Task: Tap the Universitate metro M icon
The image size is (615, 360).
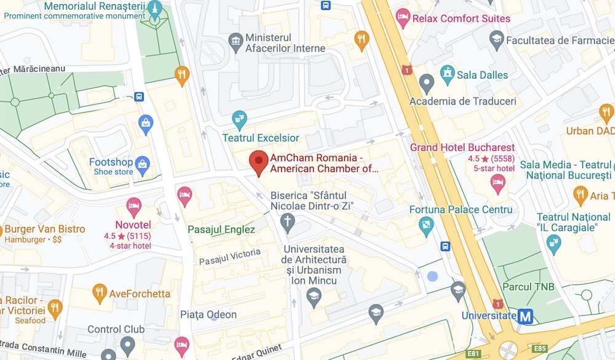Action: [525, 316]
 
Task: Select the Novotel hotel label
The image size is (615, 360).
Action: [133, 225]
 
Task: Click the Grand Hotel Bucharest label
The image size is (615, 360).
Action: [462, 148]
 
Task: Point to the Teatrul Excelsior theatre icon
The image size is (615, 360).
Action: [239, 118]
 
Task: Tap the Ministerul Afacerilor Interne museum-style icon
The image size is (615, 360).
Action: [235, 42]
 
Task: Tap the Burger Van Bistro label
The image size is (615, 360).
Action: [45, 230]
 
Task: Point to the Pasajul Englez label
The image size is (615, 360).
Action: [221, 230]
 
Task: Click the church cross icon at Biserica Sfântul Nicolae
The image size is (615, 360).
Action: [287, 220]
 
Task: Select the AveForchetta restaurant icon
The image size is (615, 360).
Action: [99, 292]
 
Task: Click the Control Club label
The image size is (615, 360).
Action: [116, 329]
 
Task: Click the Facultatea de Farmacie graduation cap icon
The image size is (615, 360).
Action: [497, 40]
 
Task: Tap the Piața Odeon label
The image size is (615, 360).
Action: [208, 314]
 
